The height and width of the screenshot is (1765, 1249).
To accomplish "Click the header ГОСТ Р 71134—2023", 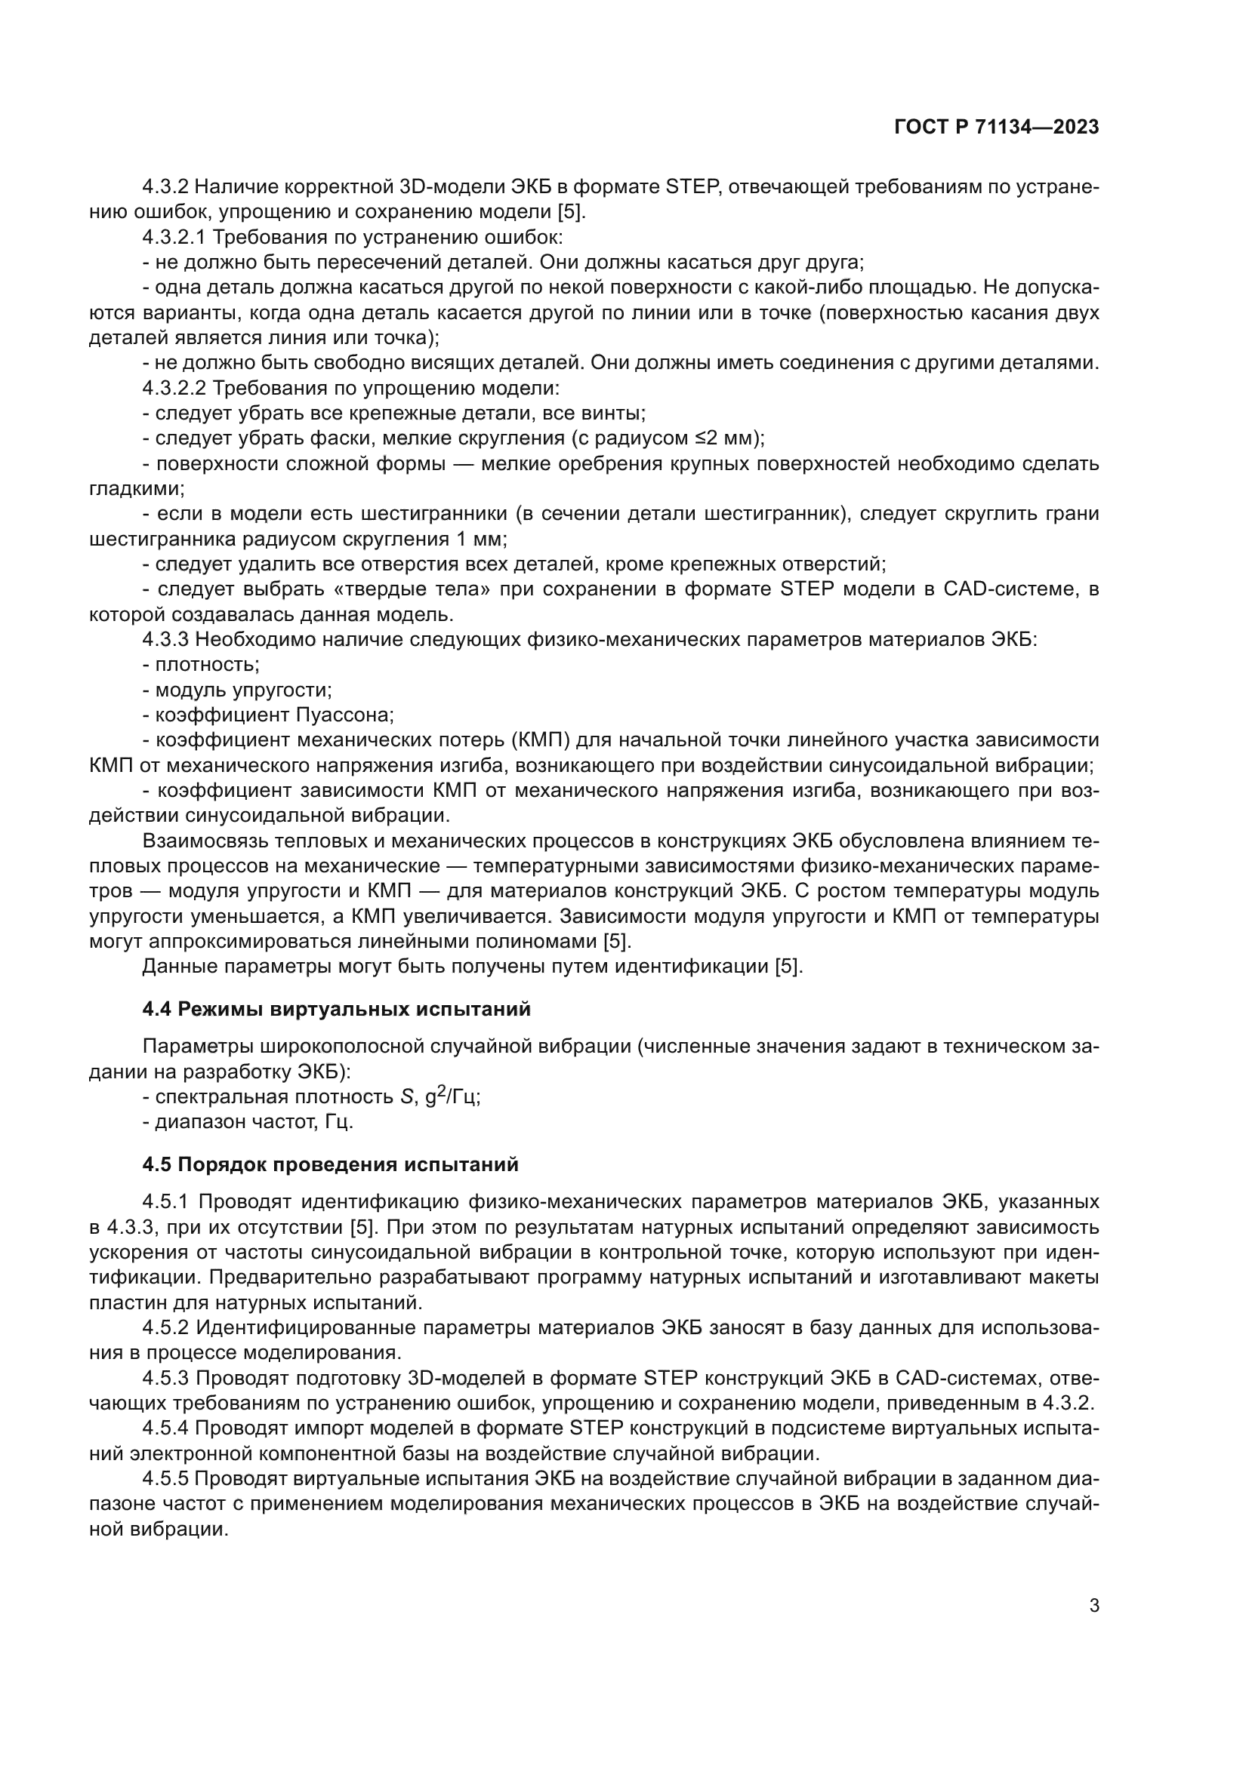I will pos(996,128).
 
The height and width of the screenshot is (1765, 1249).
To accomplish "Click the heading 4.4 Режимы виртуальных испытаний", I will pos(336,1009).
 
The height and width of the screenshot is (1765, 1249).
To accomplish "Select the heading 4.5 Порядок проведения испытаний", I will pos(330,1164).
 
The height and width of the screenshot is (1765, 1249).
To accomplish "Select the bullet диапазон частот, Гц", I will pos(248,1122).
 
